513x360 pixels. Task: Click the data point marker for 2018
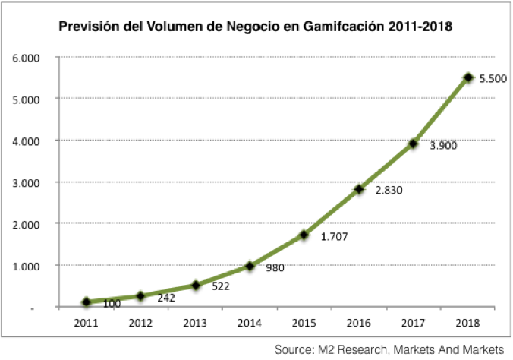[468, 77]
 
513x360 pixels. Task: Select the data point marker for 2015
[304, 235]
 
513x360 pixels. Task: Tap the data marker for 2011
[87, 302]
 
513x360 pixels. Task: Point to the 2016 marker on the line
[359, 189]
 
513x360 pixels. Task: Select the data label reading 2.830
[387, 190]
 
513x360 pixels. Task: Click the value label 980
[275, 267]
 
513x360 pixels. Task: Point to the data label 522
[219, 287]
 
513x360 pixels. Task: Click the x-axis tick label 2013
[195, 323]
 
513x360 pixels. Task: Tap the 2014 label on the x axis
[250, 323]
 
